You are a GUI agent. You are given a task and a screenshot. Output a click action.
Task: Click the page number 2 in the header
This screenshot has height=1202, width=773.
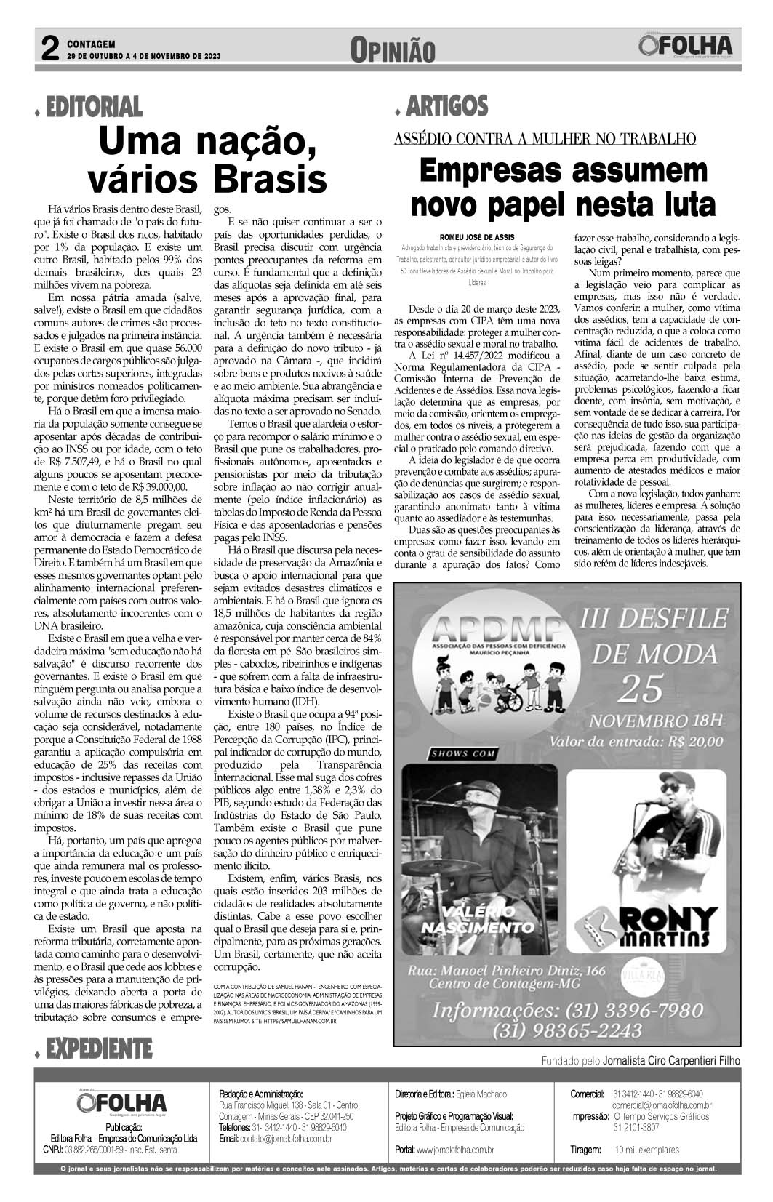[x=49, y=49]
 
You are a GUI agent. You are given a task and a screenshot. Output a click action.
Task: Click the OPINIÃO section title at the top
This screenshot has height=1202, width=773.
[x=392, y=49]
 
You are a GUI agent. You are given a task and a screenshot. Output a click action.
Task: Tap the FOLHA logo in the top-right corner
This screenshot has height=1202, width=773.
[x=686, y=46]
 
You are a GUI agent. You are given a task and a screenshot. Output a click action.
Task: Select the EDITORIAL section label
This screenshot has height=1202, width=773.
[x=94, y=108]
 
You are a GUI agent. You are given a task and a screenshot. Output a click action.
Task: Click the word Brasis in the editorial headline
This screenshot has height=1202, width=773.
[x=270, y=178]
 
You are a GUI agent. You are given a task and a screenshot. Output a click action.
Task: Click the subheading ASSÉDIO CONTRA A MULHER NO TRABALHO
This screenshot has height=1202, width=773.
[x=545, y=138]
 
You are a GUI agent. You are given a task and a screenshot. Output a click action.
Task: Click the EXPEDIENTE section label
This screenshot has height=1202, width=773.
[x=98, y=1048]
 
